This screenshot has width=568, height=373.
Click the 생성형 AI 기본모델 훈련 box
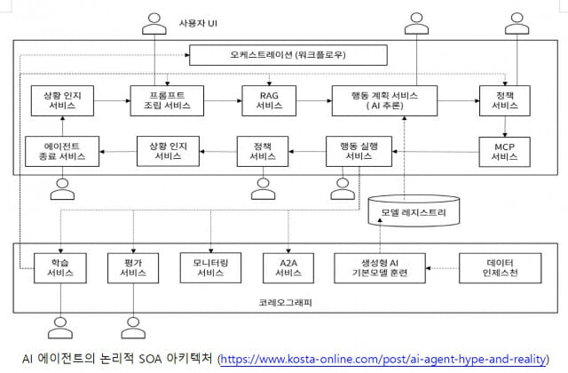coord(382,266)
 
